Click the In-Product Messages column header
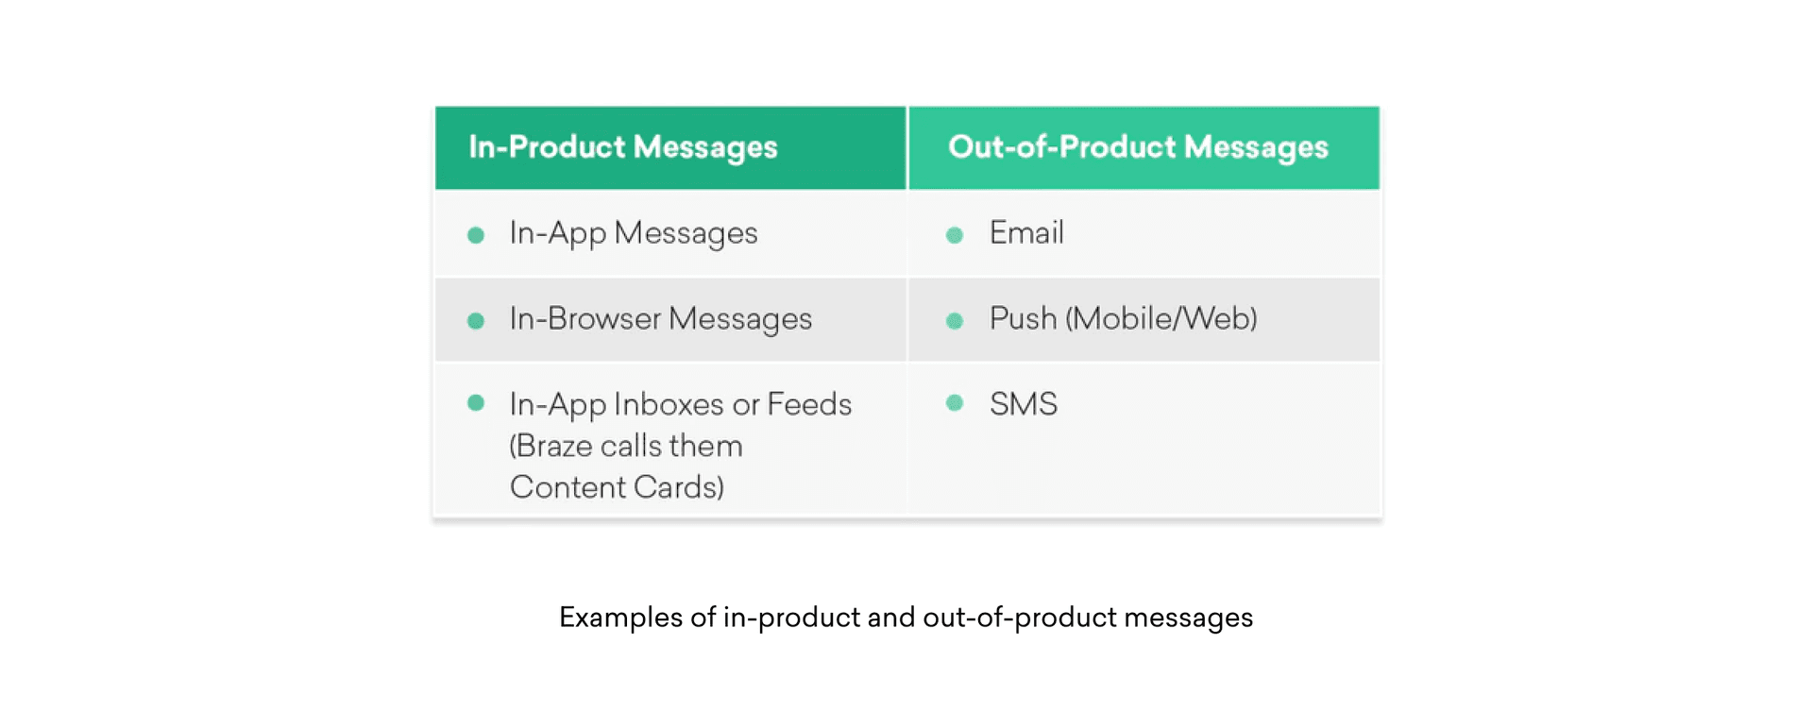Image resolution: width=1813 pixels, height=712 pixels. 622,147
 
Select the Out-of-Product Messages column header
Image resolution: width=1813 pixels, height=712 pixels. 1137,147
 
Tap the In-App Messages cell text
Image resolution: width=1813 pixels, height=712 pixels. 633,233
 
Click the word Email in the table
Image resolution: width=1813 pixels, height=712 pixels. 1026,232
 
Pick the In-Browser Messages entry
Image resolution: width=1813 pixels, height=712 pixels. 660,319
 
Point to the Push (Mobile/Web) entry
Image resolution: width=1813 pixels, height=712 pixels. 1123,319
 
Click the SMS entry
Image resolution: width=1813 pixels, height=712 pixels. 1023,404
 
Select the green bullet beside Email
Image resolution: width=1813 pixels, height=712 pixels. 955,235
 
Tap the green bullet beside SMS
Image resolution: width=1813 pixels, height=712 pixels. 955,403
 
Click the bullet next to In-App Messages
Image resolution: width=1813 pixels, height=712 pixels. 476,235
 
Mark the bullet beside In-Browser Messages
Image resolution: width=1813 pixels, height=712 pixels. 476,321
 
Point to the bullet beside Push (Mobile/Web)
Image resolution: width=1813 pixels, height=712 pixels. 955,321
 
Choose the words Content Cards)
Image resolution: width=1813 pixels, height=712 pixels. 617,487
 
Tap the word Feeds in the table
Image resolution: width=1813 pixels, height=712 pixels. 809,404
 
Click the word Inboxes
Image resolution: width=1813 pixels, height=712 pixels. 669,404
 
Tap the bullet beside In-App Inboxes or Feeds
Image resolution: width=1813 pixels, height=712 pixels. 476,403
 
